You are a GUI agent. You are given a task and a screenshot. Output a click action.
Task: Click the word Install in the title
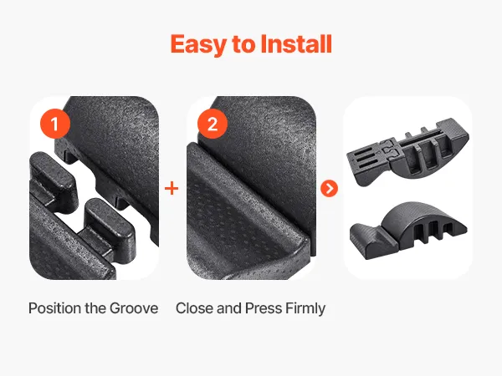tap(296, 43)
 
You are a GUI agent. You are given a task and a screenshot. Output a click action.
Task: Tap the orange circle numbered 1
tap(55, 124)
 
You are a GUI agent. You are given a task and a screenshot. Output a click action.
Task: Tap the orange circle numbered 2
tap(213, 124)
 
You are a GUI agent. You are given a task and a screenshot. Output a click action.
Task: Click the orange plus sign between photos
tap(172, 188)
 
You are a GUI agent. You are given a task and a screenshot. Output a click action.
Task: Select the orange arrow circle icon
tap(329, 188)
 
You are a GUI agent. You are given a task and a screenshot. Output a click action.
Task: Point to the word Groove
tap(134, 308)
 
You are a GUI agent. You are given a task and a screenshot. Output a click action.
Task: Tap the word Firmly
tap(305, 309)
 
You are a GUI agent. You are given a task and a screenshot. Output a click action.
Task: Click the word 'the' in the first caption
tap(95, 308)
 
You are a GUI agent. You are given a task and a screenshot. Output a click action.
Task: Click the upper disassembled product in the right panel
tap(408, 152)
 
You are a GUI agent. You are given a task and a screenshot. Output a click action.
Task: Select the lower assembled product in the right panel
tap(408, 230)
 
